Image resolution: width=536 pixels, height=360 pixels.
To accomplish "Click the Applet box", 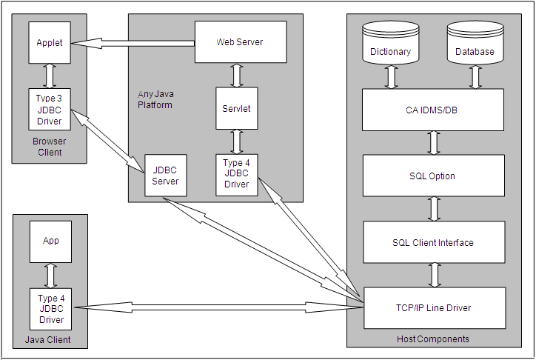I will click(x=50, y=43).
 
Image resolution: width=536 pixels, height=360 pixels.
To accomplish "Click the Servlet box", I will click(x=236, y=108).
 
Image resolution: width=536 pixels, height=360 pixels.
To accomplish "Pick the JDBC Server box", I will click(x=165, y=176).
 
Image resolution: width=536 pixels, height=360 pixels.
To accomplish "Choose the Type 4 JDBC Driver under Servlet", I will click(x=236, y=174).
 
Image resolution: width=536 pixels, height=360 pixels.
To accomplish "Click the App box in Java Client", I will click(x=50, y=241).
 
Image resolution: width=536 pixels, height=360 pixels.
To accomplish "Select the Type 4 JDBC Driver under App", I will click(x=50, y=309).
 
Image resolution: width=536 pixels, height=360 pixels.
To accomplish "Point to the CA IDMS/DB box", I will click(x=433, y=110).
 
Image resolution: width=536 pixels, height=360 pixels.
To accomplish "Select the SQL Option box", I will click(x=433, y=176).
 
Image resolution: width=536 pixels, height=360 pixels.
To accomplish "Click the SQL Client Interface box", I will click(x=433, y=242).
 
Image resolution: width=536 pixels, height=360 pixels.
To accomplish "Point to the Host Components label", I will click(x=432, y=339).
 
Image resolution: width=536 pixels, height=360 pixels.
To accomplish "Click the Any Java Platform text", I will click(x=155, y=100).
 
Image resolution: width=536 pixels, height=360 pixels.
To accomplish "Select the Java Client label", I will click(x=50, y=340).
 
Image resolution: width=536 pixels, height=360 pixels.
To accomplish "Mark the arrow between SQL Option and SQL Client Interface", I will click(x=435, y=209).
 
